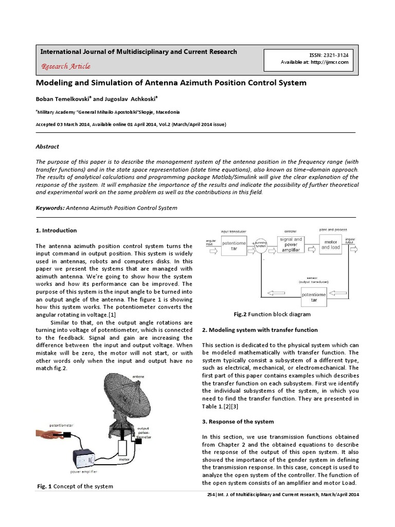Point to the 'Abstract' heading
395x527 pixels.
47,147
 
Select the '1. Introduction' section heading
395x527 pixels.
56,231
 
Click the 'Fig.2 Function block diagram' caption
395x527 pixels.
273,314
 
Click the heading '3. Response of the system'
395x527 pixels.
238,421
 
